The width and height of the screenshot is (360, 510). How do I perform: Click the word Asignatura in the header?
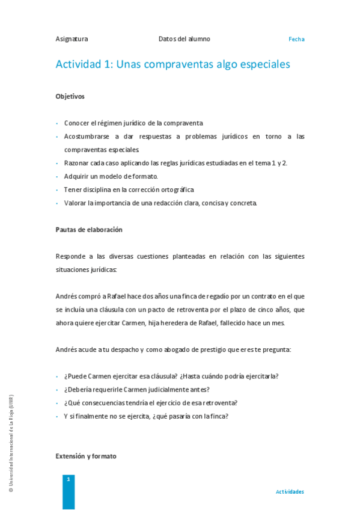[72, 39]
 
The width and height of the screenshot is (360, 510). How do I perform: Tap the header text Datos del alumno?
[185, 39]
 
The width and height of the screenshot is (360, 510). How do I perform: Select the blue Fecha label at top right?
[296, 39]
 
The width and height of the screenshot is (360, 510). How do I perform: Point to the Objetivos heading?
[70, 96]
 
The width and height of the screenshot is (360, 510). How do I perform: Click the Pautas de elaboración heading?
[89, 230]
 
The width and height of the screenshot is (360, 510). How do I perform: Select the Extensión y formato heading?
[86, 456]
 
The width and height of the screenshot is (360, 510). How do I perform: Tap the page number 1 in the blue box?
[69, 479]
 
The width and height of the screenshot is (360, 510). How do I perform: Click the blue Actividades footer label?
[290, 492]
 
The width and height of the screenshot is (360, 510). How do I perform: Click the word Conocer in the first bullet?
[76, 123]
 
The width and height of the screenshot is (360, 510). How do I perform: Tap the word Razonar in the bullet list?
[76, 163]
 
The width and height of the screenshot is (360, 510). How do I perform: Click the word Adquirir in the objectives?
[76, 176]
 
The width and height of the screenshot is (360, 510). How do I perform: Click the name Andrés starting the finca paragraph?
[67, 296]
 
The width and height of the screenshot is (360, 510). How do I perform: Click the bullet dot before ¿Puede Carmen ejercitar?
[57, 376]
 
